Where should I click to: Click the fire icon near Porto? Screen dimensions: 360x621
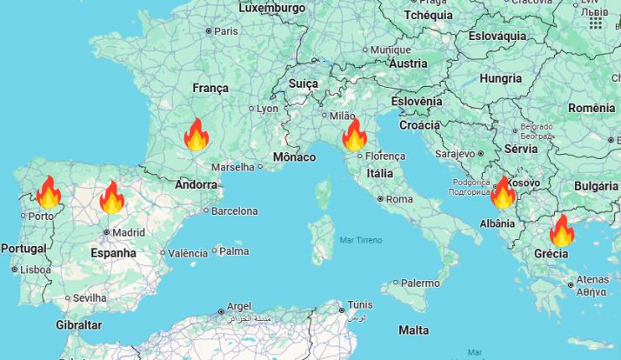pyautogui.click(x=48, y=192)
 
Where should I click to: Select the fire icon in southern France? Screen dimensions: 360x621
pyautogui.click(x=197, y=135)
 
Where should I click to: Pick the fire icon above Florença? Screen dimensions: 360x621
pyautogui.click(x=354, y=136)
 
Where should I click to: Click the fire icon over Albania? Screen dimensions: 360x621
pyautogui.click(x=503, y=193)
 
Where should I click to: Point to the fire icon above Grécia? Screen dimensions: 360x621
pyautogui.click(x=562, y=230)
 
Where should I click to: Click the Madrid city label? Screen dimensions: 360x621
pyautogui.click(x=128, y=232)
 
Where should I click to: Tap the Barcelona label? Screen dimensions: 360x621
pyautogui.click(x=234, y=210)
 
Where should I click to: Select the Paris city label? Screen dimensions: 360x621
pyautogui.click(x=225, y=30)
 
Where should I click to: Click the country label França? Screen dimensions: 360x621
pyautogui.click(x=210, y=88)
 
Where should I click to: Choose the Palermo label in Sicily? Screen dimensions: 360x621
pyautogui.click(x=420, y=283)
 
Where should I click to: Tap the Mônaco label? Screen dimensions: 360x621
pyautogui.click(x=294, y=157)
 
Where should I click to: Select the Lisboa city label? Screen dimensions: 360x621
pyautogui.click(x=36, y=270)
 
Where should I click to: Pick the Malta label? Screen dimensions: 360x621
pyautogui.click(x=413, y=330)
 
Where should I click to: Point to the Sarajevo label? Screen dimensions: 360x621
pyautogui.click(x=455, y=153)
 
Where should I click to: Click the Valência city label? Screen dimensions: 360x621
pyautogui.click(x=188, y=253)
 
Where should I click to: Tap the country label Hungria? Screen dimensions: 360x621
pyautogui.click(x=500, y=78)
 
